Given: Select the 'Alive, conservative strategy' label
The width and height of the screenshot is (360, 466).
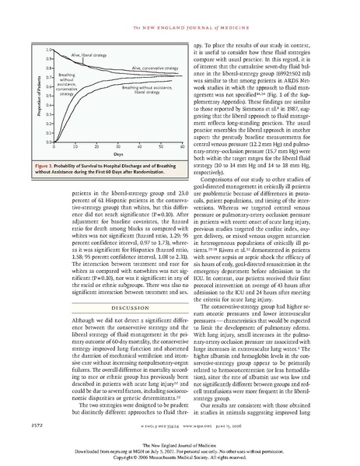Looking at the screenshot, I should point(145,69).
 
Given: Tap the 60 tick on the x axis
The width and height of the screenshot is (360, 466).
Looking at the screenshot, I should point(182,146).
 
